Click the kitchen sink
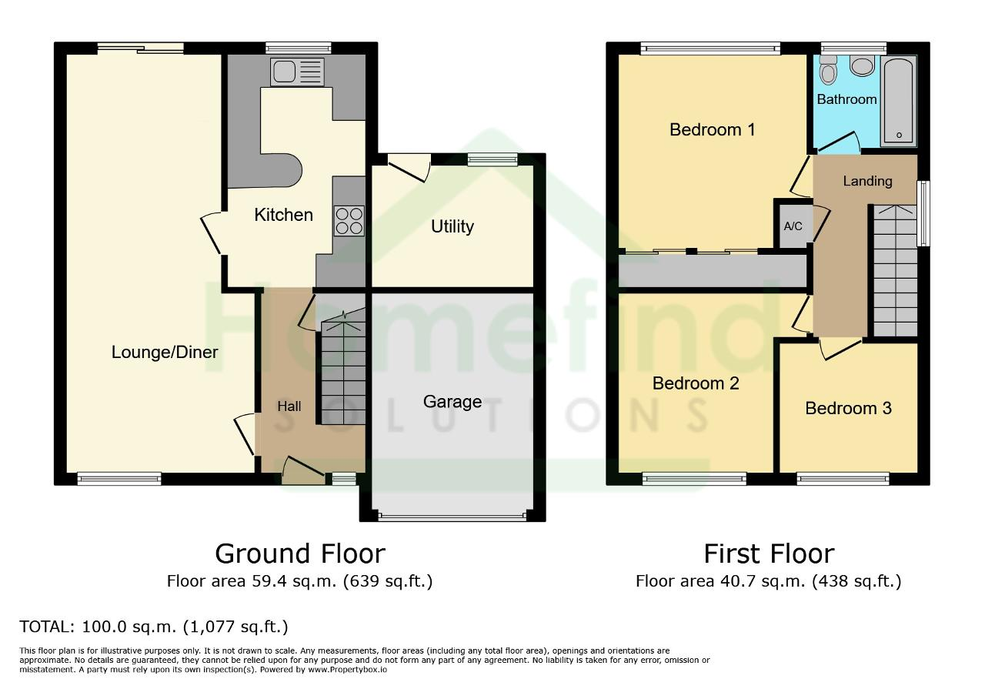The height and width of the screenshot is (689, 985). pos(298,72)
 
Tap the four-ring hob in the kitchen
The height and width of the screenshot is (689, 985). pos(349,221)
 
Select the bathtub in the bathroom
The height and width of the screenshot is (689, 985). pos(899,101)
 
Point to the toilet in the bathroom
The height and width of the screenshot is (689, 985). pos(829,70)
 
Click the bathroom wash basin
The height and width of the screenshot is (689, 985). pos(862,65)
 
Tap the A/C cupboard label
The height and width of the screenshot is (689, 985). pos(793,226)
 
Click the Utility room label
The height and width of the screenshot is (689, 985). pos(452,226)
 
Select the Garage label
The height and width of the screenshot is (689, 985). pos(452,402)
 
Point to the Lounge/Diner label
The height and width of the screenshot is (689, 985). pos(165,352)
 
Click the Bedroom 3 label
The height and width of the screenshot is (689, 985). pos(848,408)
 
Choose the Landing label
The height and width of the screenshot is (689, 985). pos(867,181)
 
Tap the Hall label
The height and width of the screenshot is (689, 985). pos(289,406)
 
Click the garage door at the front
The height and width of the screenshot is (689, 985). pos(452,517)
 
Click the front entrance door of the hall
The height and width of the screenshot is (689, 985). pos(303,471)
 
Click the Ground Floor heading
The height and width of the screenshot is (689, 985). pos(300,554)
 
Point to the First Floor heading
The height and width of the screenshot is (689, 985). pos(769,554)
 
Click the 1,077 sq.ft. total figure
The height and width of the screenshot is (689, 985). pos(235,627)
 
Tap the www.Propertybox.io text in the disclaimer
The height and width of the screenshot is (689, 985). pos(347,670)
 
